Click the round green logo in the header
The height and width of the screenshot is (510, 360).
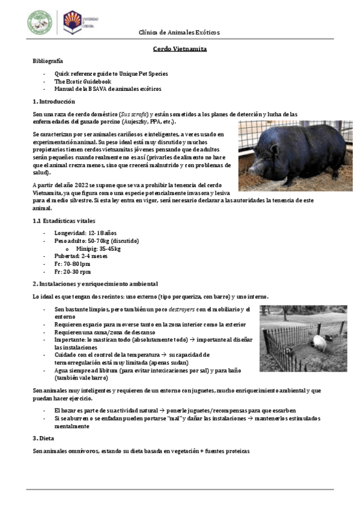40,22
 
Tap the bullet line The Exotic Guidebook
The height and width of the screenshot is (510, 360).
75,81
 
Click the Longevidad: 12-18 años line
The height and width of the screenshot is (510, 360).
82,233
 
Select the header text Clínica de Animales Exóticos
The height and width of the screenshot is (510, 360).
179,32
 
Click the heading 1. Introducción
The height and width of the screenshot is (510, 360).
54,102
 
